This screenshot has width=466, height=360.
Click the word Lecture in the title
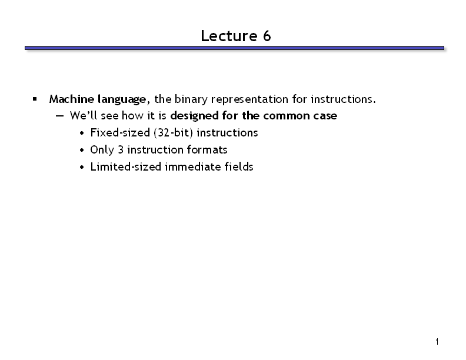[229, 36]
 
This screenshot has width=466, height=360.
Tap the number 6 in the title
[267, 36]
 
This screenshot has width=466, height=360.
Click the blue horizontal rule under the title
[234, 48]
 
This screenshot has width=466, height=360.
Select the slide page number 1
[437, 342]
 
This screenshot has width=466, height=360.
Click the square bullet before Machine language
[35, 99]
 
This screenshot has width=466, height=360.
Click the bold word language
[122, 100]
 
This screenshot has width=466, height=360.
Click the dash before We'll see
[59, 116]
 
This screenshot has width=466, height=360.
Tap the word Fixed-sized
[120, 133]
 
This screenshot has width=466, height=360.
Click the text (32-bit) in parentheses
[173, 133]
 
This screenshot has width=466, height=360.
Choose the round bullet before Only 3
[82, 151]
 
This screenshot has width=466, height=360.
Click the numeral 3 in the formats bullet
[121, 149]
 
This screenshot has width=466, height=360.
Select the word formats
[207, 149]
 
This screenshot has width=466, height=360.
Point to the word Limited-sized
[126, 167]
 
